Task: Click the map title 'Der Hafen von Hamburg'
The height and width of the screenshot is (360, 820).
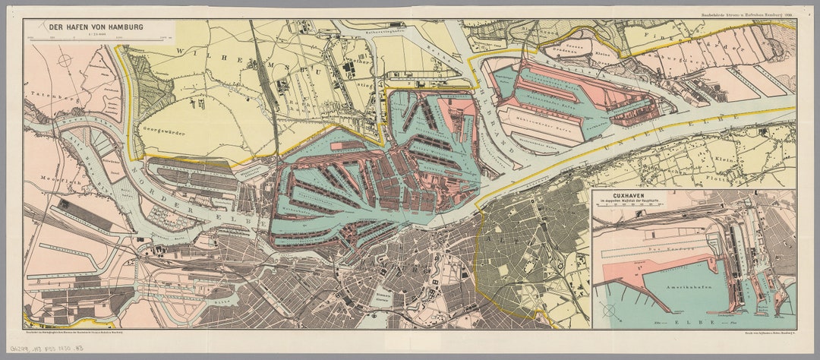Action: (x=96, y=27)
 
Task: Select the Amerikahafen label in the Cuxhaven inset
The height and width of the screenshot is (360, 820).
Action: (x=670, y=291)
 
